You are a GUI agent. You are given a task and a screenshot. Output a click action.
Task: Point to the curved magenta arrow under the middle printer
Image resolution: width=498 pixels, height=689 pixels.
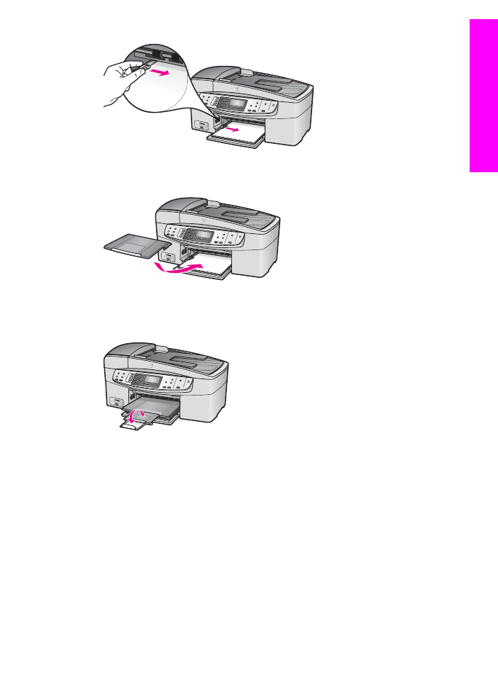pyautogui.click(x=180, y=268)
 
